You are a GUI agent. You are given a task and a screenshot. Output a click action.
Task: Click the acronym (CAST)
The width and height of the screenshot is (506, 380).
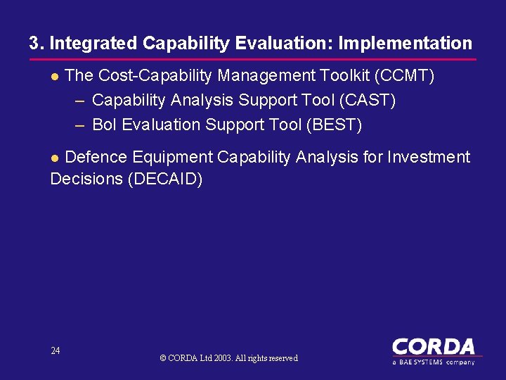(368, 101)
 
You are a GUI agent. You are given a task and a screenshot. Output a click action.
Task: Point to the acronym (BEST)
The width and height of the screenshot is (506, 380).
(335, 125)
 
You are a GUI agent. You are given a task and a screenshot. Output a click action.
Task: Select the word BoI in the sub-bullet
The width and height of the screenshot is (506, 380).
(105, 125)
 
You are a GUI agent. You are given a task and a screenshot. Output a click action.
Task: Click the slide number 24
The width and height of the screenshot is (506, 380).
(56, 350)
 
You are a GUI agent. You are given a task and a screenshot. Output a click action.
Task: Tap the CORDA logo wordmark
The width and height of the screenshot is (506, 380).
(433, 347)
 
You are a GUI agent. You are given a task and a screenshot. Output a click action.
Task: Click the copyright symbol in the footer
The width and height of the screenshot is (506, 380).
(163, 358)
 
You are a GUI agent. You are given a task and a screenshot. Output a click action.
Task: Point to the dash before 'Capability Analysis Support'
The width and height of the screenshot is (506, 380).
(79, 101)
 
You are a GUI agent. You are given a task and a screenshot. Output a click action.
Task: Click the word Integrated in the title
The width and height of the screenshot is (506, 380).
(93, 44)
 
